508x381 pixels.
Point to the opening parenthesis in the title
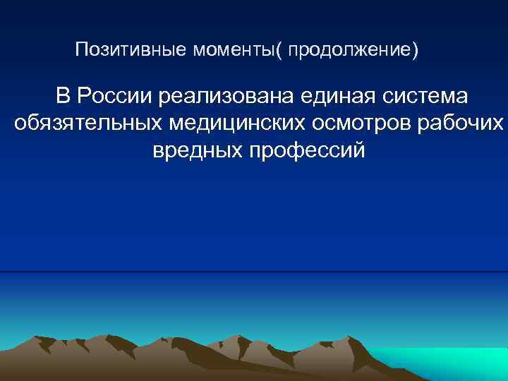click(x=284, y=51)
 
